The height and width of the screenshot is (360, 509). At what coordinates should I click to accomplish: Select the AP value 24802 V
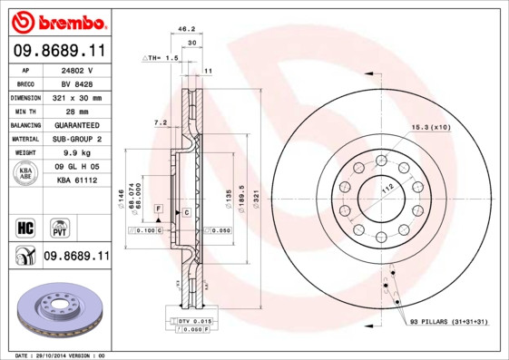coord(78,70)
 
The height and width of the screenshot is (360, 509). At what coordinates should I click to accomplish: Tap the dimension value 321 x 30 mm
coord(78,97)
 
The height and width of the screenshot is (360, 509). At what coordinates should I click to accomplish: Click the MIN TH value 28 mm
coord(78,111)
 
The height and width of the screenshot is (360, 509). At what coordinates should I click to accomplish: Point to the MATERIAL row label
coord(24,139)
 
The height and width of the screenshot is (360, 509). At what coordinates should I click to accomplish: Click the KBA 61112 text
coord(78,180)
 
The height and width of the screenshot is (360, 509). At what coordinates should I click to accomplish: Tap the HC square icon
coord(24,225)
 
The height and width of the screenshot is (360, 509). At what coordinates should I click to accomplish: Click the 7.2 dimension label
coord(160,122)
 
